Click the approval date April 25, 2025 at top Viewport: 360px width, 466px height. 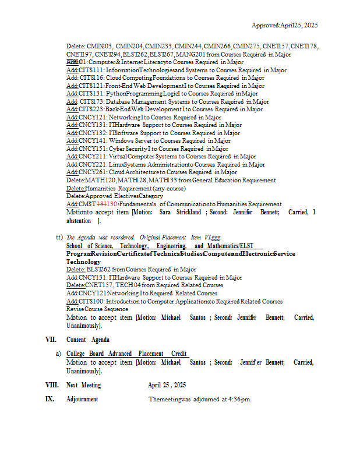[x=299, y=26]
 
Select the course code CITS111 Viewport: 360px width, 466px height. [x=92, y=70]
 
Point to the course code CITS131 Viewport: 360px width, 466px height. [x=92, y=93]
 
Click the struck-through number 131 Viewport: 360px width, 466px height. [x=101, y=204]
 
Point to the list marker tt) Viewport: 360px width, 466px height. [x=59, y=237]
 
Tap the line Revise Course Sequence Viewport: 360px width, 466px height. [x=97, y=309]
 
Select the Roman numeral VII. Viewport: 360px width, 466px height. [x=51, y=340]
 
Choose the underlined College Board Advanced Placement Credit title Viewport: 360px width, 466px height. [x=126, y=354]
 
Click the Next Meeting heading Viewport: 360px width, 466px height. [x=83, y=386]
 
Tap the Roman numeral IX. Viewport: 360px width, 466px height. [x=50, y=400]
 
